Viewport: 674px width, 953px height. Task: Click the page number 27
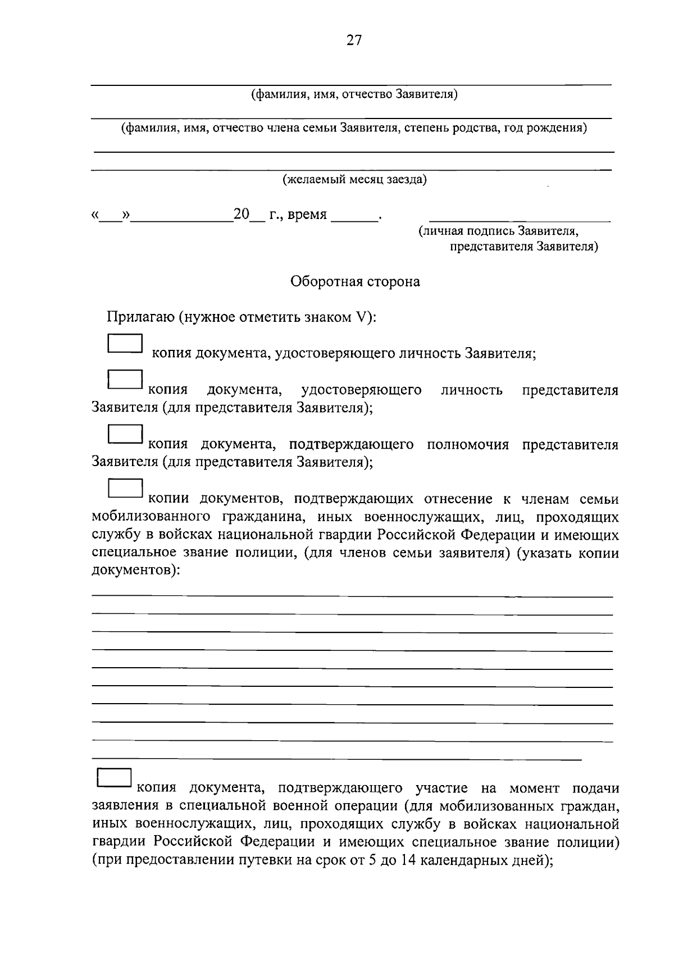[354, 40]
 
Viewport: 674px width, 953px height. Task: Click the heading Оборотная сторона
[354, 281]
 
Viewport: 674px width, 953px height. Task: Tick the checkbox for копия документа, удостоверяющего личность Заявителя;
[125, 344]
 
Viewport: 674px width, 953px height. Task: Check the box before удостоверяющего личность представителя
[125, 380]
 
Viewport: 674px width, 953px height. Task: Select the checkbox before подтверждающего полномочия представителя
[125, 435]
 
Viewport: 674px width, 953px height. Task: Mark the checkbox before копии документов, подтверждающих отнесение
[125, 488]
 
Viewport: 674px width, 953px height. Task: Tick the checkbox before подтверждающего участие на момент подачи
[115, 778]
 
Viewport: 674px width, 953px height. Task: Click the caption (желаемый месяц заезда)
[354, 180]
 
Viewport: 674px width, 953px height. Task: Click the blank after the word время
[354, 215]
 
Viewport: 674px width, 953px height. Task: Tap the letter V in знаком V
[361, 317]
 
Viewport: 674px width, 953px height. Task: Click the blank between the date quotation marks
[111, 216]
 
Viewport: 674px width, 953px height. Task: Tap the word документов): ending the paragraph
[136, 571]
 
